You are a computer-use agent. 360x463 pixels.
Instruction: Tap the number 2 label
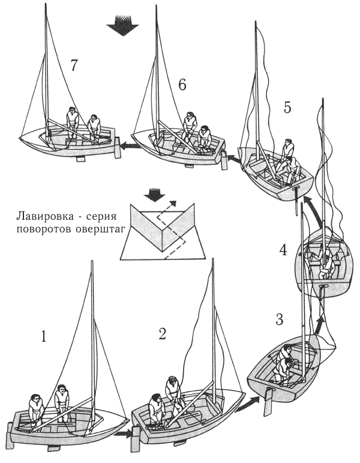(162, 334)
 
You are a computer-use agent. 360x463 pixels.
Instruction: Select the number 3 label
(279, 319)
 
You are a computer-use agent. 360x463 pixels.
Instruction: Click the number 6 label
(182, 85)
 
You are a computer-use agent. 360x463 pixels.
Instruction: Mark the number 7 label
(74, 66)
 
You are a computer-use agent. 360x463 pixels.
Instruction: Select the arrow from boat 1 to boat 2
(124, 432)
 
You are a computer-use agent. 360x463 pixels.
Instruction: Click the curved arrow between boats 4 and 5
(307, 211)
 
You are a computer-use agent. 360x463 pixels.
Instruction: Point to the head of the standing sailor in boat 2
(172, 381)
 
